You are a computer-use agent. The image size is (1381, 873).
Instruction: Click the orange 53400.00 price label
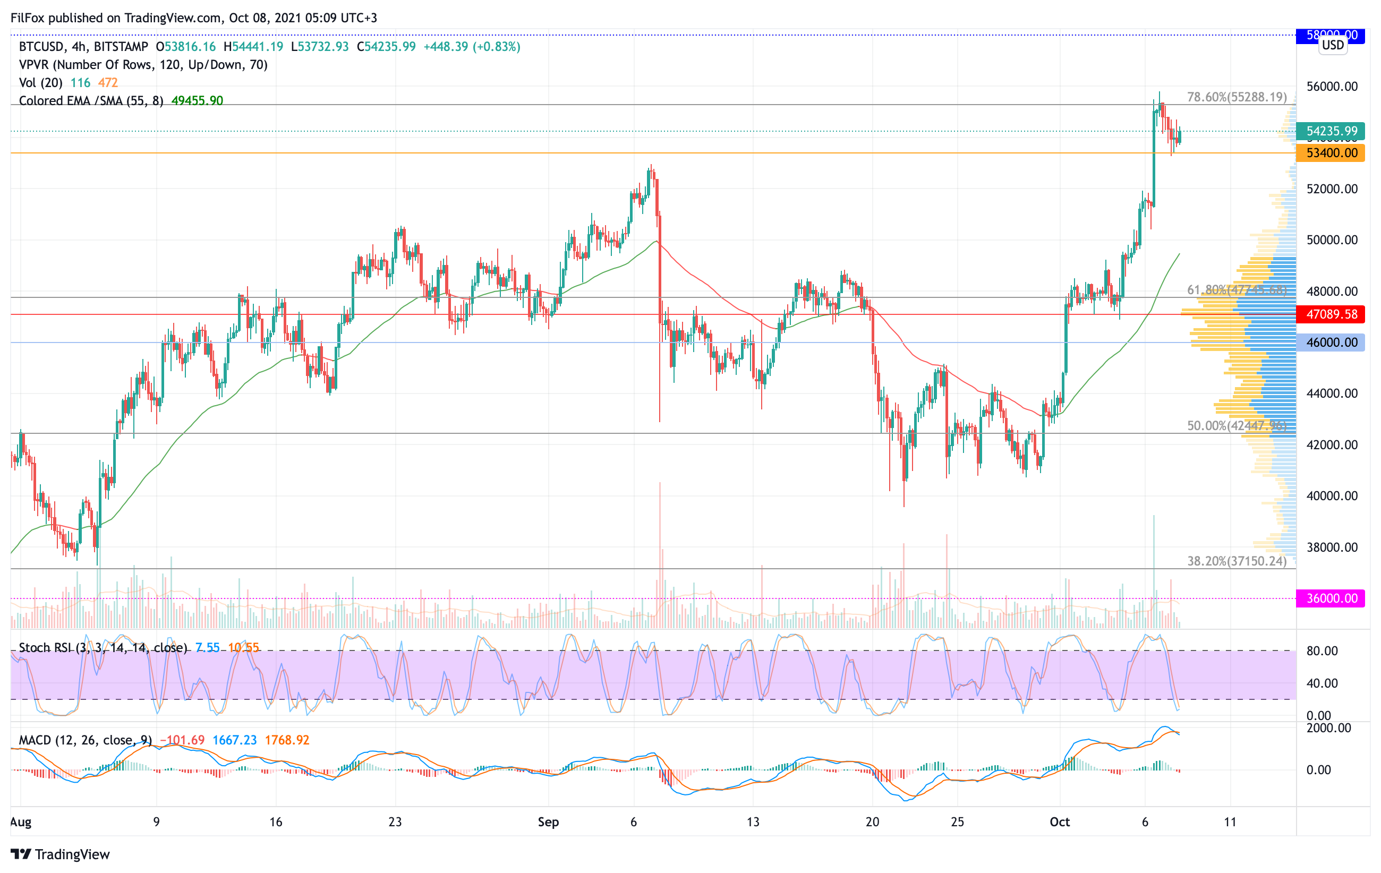(x=1331, y=153)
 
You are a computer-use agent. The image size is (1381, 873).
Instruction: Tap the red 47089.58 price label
(x=1331, y=314)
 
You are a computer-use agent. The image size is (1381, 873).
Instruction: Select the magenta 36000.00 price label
(x=1331, y=598)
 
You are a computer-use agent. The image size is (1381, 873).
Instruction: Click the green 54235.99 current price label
(x=1331, y=131)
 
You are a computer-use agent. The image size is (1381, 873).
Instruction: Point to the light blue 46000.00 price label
(x=1331, y=343)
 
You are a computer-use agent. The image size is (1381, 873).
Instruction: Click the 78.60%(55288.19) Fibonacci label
(x=1237, y=97)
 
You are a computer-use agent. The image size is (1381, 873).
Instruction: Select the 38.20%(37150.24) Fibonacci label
(x=1237, y=561)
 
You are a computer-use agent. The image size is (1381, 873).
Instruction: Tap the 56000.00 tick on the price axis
(x=1332, y=87)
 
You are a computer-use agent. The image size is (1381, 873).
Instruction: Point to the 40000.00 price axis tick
(x=1332, y=496)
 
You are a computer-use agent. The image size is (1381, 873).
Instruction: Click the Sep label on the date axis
(x=548, y=822)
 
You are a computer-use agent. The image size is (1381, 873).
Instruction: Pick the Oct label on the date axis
(x=1059, y=822)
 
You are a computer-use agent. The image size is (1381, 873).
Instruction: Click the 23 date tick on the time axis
(x=395, y=822)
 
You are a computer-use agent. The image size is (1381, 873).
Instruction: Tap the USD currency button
(x=1333, y=45)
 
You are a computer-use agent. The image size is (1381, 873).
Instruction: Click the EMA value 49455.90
(x=197, y=101)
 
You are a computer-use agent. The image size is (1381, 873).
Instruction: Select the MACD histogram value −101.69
(x=182, y=740)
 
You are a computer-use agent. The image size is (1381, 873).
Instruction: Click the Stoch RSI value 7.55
(x=208, y=648)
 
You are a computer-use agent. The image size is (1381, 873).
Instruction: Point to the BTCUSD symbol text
(x=41, y=46)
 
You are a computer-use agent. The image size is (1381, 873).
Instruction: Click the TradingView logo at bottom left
(x=60, y=854)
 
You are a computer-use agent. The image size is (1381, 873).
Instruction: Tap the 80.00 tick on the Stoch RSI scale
(x=1322, y=651)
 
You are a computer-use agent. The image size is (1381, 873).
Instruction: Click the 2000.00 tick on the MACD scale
(x=1328, y=728)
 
